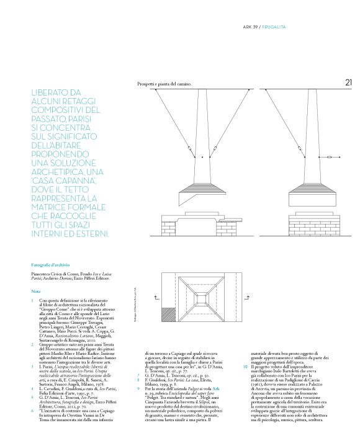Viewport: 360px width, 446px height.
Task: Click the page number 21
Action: click(348, 82)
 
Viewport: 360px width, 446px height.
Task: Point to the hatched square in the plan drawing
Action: click(168, 315)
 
